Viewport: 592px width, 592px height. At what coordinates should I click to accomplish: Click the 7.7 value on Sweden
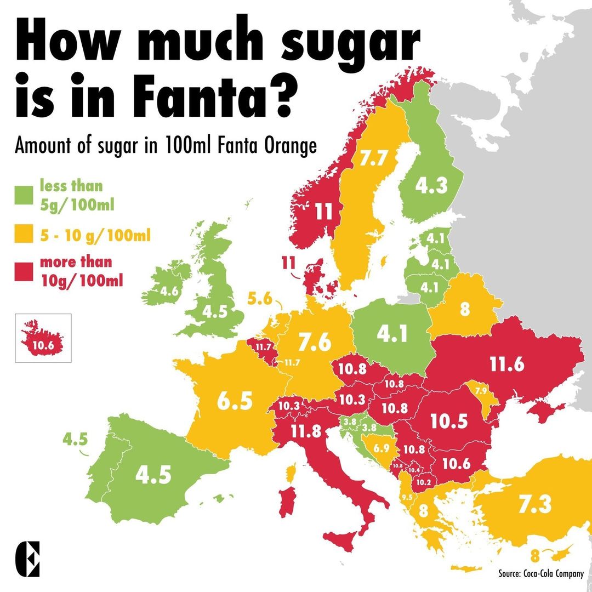click(x=374, y=159)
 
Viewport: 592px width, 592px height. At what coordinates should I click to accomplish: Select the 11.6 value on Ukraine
click(x=507, y=364)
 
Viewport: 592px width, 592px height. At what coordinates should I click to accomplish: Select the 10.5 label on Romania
click(x=449, y=420)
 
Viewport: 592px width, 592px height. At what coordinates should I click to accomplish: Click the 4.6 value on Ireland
click(x=169, y=292)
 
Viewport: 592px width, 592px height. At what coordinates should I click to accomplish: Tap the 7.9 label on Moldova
click(x=481, y=391)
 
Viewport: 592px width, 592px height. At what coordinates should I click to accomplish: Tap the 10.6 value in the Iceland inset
click(x=43, y=345)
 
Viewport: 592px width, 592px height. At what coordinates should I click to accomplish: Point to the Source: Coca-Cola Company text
click(x=540, y=573)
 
